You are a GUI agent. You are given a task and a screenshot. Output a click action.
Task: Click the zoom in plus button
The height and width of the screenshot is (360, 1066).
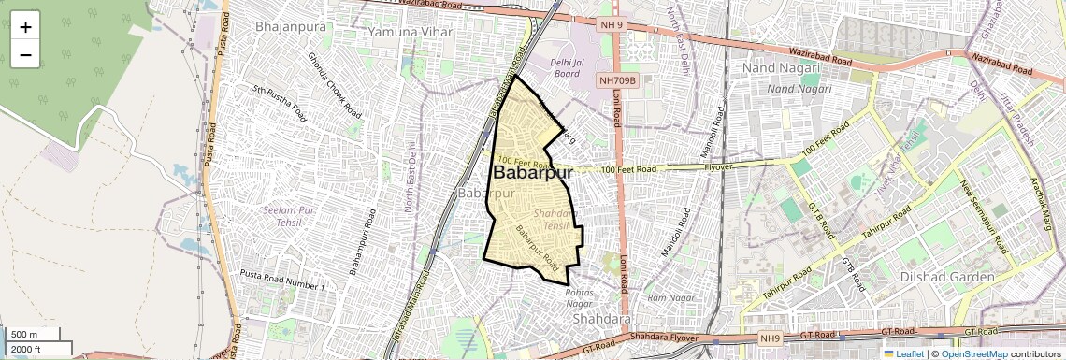coord(25,26)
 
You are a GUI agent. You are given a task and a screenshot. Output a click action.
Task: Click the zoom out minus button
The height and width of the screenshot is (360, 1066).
coord(25,54)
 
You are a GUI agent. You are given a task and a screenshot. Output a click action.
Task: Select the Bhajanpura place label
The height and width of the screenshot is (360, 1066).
coord(291,27)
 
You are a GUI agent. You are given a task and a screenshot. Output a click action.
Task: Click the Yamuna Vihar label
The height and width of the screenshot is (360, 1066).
coord(410,32)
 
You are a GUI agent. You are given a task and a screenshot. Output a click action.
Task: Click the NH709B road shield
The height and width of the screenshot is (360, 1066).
coord(617,81)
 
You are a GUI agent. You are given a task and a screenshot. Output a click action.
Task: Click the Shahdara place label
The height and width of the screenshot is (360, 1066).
coord(602,319)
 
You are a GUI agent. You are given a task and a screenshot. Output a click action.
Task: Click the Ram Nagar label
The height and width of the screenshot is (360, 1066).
coord(672,297)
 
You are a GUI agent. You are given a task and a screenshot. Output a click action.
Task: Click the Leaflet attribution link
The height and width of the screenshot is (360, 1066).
coord(903,354)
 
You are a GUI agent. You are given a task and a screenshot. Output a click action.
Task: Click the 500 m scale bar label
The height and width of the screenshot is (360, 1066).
coord(24,335)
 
